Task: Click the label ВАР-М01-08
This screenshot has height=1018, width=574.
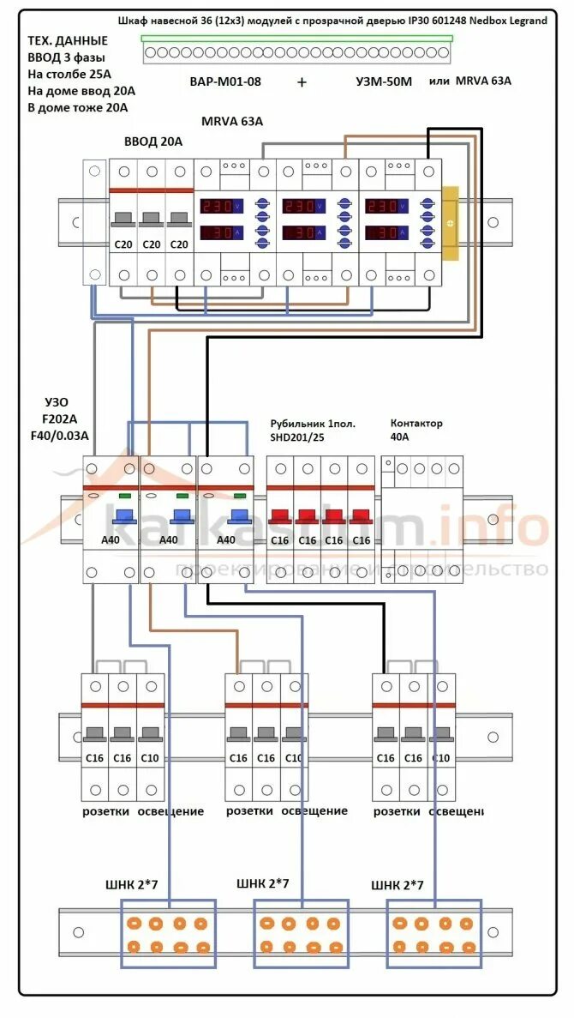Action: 225,82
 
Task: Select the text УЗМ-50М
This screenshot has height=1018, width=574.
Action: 385,82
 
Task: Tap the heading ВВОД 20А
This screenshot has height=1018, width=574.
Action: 153,142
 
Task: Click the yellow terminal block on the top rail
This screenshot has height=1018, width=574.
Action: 450,222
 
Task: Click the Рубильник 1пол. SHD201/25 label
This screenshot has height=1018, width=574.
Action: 312,430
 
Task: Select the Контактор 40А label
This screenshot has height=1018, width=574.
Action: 416,430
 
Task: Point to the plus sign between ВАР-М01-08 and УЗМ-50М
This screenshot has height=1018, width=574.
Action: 302,82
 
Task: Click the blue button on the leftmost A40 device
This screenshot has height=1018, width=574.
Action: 123,517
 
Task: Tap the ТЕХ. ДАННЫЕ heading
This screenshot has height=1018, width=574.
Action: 68,40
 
